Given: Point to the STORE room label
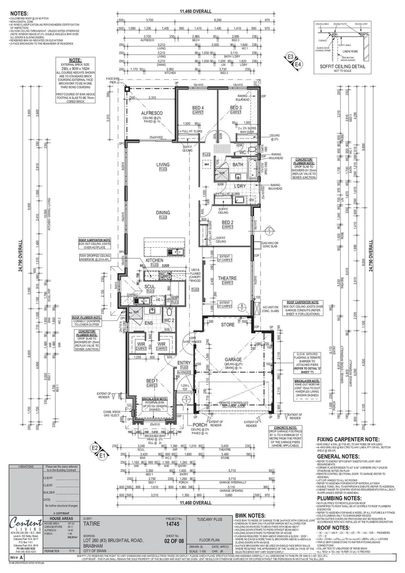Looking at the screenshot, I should coord(227,325).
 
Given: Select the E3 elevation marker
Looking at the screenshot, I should coord(290,56).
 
